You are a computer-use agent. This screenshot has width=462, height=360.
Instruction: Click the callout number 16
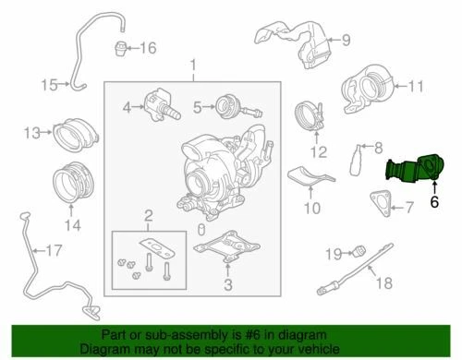point(148,48)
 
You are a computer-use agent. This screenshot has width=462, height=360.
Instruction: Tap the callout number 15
point(48,85)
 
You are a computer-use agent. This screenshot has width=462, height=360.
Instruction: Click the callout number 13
point(31,133)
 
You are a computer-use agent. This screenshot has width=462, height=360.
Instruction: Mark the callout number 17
point(53,249)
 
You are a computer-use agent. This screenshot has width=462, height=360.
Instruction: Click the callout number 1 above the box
point(192,65)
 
